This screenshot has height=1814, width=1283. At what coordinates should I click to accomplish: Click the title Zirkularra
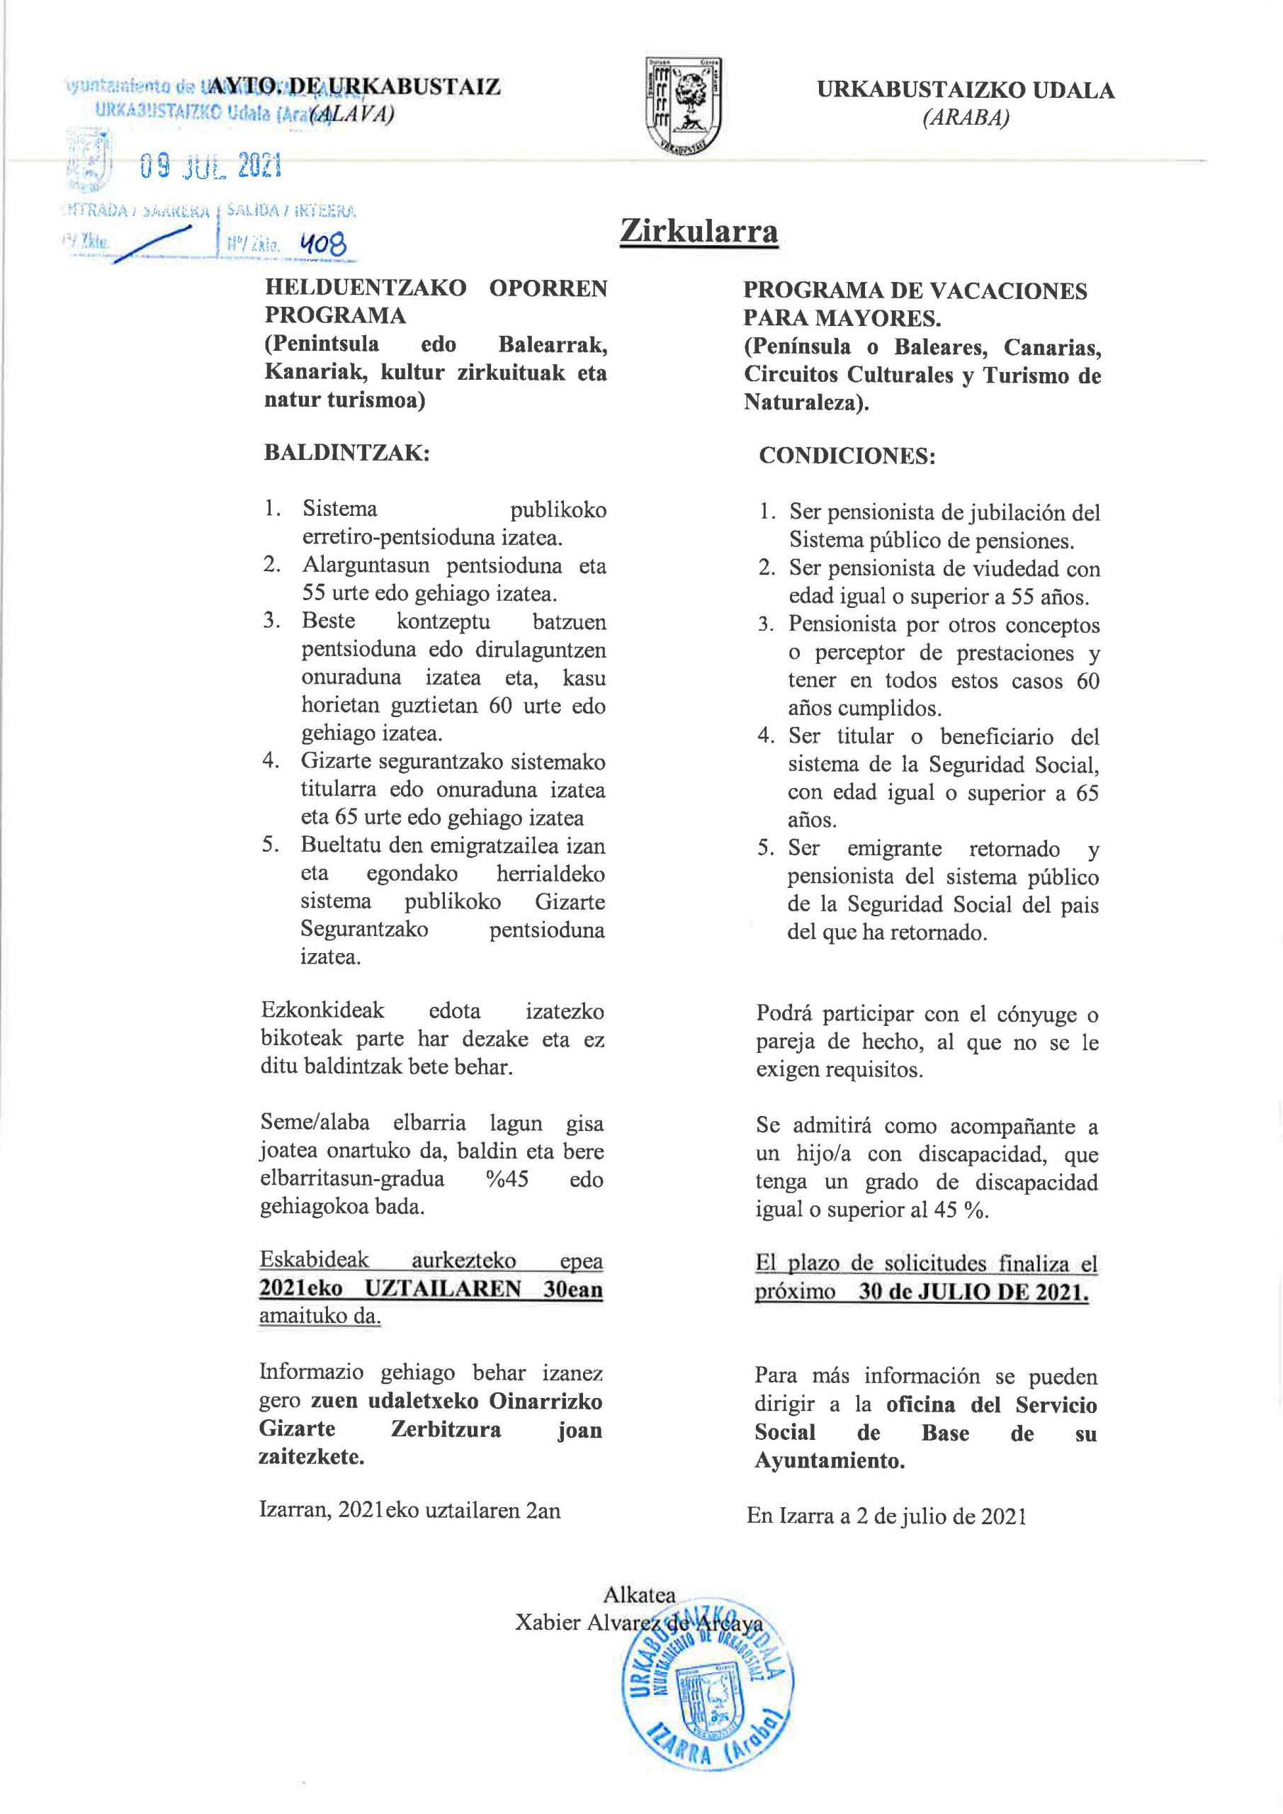click(699, 231)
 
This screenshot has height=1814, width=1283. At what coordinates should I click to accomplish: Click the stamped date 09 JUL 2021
click(211, 166)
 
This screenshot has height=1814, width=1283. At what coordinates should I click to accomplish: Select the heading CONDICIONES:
click(847, 456)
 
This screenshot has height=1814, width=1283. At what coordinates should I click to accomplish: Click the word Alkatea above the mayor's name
click(639, 1594)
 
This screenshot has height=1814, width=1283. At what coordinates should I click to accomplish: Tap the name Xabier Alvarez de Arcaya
click(638, 1623)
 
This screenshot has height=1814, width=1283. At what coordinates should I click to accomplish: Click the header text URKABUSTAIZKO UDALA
click(966, 90)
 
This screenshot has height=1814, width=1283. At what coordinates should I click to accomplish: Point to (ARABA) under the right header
click(966, 118)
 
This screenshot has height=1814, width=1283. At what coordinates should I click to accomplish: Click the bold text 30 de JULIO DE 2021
click(973, 1292)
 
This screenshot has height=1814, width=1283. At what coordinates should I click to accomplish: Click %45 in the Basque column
click(507, 1179)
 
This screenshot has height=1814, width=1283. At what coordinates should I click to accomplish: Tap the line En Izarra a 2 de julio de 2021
click(886, 1516)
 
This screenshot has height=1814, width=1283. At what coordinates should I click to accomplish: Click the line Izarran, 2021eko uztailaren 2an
click(410, 1510)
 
